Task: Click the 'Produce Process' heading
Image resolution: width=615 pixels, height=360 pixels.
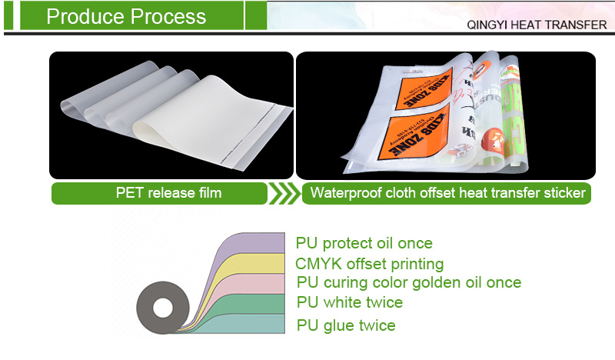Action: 126,16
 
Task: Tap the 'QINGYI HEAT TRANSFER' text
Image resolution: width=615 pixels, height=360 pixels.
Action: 537,25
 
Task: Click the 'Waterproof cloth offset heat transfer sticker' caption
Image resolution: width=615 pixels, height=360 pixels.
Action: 447,192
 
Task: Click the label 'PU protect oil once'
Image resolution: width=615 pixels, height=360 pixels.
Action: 364,243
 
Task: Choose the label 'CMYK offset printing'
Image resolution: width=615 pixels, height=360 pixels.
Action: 370,264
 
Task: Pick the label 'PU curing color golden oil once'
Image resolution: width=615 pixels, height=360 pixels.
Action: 408,283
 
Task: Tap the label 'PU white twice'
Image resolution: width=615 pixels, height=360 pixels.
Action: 350,303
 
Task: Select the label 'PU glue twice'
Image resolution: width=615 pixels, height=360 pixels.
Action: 346,325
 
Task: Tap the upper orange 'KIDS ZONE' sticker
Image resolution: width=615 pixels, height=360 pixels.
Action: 420,84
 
